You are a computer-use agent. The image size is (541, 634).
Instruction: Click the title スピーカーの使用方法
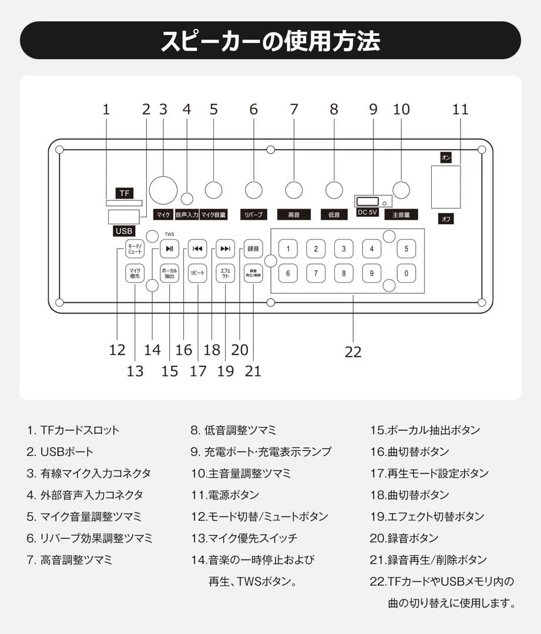coord(270,41)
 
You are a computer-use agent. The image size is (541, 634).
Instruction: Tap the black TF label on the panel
coord(124,193)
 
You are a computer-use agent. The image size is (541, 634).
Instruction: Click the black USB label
coord(125,231)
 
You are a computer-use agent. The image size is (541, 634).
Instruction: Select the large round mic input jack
coord(163,190)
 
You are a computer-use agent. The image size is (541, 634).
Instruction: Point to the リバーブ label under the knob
coord(254,215)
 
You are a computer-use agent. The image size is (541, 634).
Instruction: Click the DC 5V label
coord(367,213)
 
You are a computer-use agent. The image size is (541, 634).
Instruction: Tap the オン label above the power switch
coord(446,157)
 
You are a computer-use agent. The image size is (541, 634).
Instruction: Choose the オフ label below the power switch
coord(446,218)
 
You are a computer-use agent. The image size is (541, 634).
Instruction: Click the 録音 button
coord(254,248)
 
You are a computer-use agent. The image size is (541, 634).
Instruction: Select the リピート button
coord(198,274)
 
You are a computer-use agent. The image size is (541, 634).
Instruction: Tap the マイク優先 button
coord(135,274)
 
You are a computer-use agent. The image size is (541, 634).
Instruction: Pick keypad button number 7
coord(315,273)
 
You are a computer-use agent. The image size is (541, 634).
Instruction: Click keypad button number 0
coord(406,273)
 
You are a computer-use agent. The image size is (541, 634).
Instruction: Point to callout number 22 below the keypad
coord(353,352)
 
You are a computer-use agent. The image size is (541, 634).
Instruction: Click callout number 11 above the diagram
coord(461,109)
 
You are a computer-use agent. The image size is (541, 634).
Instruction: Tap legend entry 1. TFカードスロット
coord(73,430)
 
